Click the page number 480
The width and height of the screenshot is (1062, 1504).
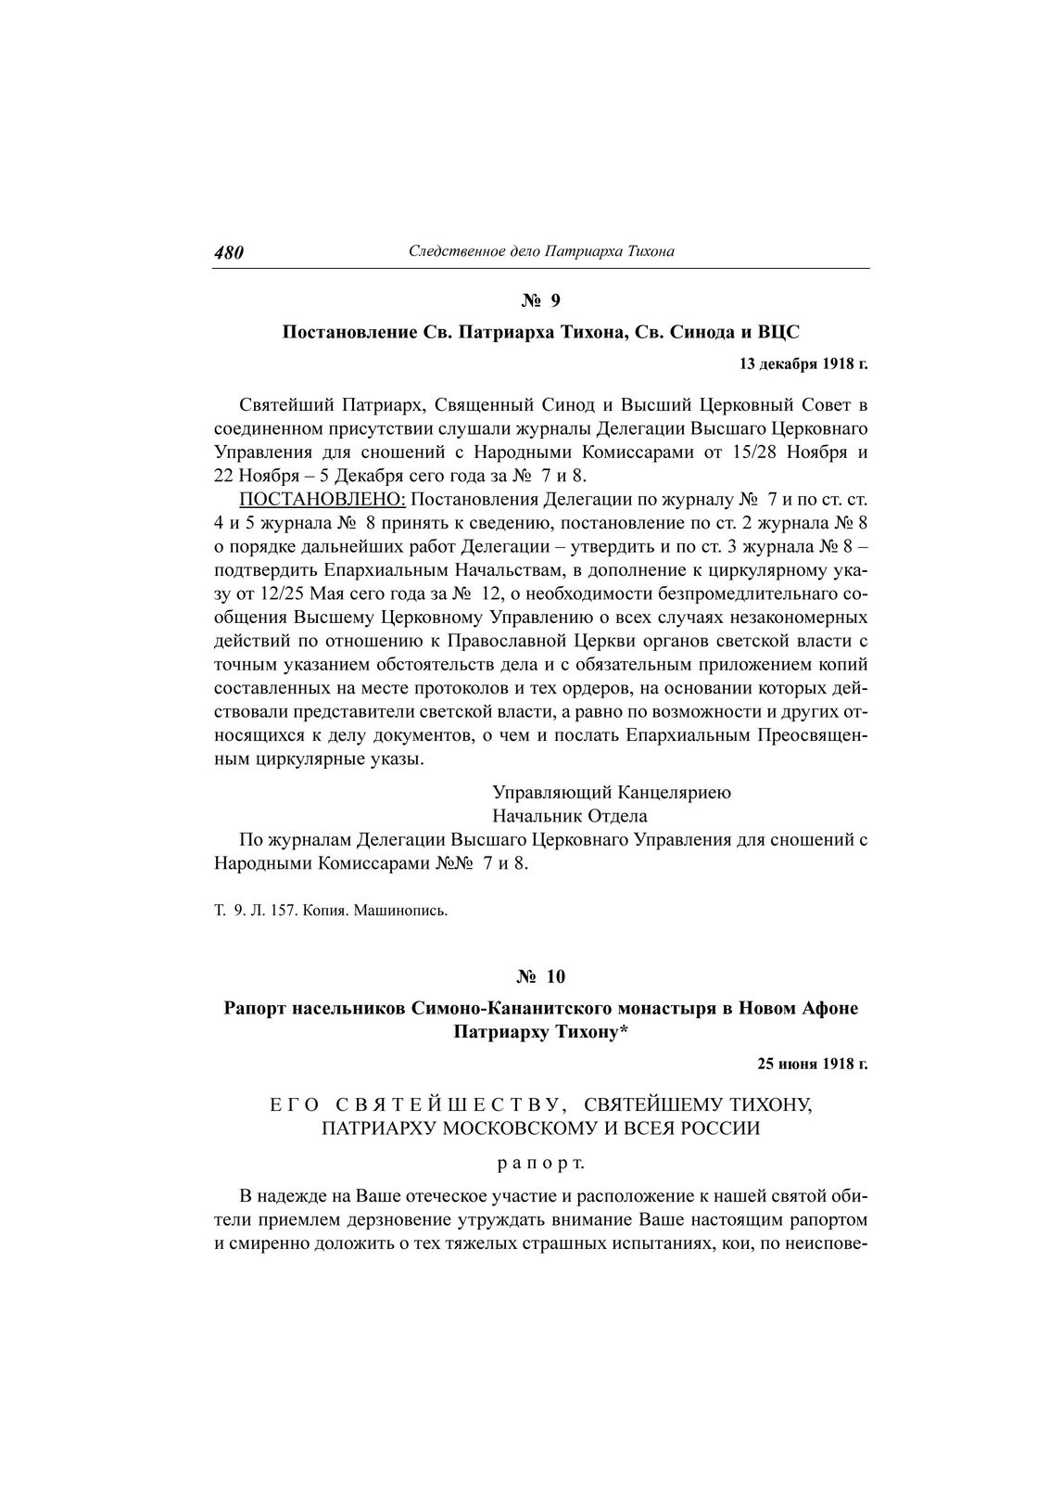[228, 252]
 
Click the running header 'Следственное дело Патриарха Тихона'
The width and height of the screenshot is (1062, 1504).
[541, 251]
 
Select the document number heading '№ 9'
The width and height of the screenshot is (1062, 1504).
[541, 300]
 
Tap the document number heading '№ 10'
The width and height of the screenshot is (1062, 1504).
[541, 976]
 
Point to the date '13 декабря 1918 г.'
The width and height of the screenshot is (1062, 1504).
[803, 363]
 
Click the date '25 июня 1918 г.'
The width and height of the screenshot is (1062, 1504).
[812, 1064]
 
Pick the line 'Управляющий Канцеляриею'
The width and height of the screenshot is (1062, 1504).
[612, 793]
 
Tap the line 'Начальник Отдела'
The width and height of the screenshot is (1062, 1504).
[570, 816]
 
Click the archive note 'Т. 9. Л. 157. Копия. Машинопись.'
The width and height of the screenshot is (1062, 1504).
[331, 910]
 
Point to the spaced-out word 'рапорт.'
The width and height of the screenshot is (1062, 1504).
[541, 1162]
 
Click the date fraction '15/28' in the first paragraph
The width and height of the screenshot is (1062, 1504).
[733, 453]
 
